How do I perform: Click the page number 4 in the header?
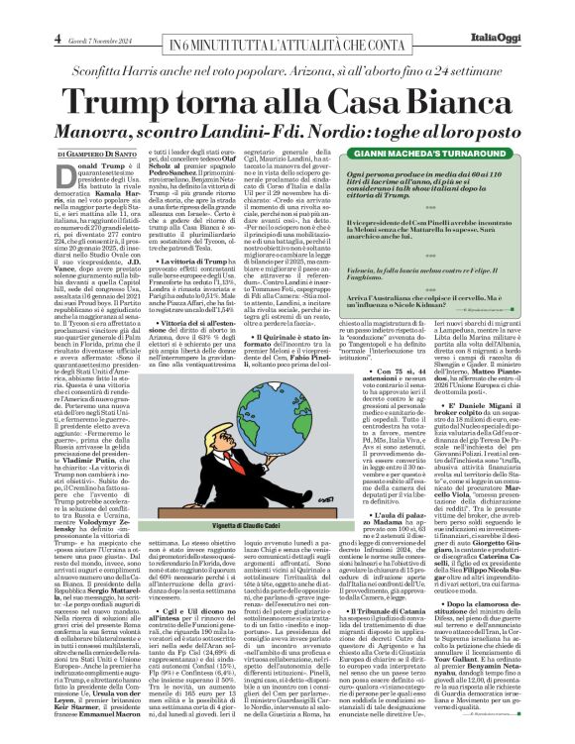(x=17, y=38)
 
